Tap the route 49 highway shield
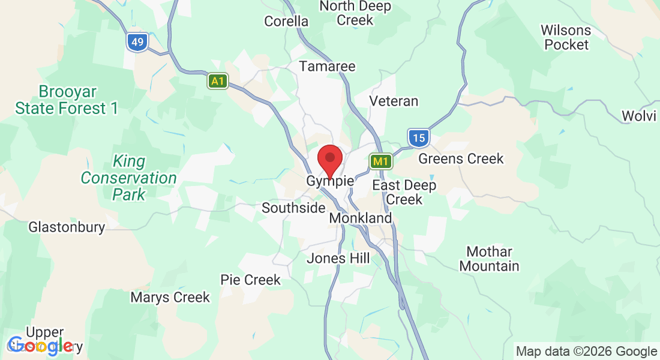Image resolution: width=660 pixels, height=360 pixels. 137,42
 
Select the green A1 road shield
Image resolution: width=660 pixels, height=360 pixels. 218,81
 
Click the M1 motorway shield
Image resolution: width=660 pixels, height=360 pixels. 381,161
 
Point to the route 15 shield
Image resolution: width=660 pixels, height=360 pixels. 418,139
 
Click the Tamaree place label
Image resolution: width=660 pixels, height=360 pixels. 328,66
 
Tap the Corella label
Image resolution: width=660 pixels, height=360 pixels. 286,22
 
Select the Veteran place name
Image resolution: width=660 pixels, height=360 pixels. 394,101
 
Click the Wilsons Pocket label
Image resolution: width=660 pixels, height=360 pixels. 566,37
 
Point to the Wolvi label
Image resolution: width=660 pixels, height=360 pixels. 639,116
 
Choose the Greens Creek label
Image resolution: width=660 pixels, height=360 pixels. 461,159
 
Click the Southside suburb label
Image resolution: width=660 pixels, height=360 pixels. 293,208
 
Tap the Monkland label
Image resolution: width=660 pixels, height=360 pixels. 361,218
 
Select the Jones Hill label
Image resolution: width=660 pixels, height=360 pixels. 338,259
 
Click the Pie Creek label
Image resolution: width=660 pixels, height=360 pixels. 250,280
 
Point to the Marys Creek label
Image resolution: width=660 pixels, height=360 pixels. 170,297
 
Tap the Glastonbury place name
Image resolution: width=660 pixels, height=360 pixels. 67,227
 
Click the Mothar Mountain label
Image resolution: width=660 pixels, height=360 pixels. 490,259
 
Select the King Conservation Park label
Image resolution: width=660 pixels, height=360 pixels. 129,178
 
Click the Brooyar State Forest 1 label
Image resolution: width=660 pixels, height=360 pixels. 67,100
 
